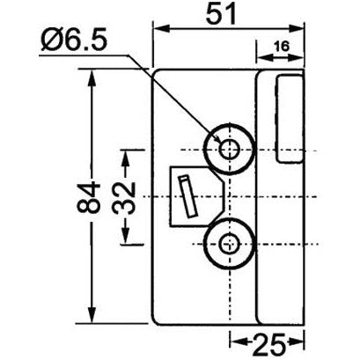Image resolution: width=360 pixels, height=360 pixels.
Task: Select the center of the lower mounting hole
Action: (x=230, y=244)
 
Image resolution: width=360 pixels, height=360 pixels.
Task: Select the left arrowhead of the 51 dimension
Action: (x=159, y=27)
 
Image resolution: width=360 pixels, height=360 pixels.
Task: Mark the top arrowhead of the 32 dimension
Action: (x=128, y=154)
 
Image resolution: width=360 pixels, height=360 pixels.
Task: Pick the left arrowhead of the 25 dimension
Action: (x=234, y=341)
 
